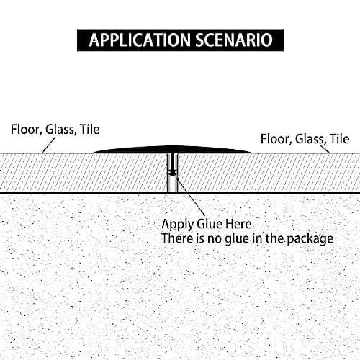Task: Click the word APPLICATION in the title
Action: coord(140,40)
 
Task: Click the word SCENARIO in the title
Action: coord(235,40)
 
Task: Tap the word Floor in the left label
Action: coord(24,130)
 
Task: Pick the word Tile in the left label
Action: coord(90,130)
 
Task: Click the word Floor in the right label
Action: coord(274,139)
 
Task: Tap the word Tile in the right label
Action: coord(340,139)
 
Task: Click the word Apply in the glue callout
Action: coord(177,225)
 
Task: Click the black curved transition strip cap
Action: coord(172,149)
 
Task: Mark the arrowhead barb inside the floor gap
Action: coord(173,173)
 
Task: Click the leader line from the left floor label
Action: coord(49,145)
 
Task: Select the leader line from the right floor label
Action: coord(325,148)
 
